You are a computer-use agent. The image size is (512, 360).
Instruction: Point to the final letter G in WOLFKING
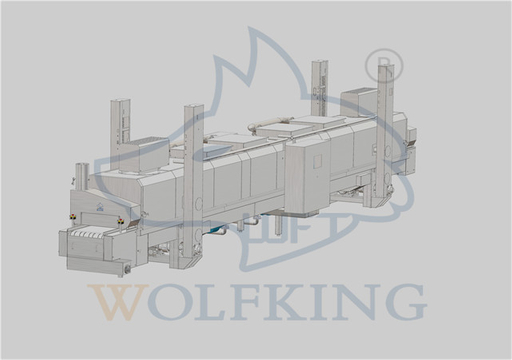(407, 301)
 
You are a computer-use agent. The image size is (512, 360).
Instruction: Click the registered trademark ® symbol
(384, 64)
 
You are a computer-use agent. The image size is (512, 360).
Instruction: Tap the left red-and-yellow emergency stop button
(72, 217)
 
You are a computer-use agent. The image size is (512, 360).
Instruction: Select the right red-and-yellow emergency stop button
(120, 220)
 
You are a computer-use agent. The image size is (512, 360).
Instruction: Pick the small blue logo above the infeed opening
(99, 208)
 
